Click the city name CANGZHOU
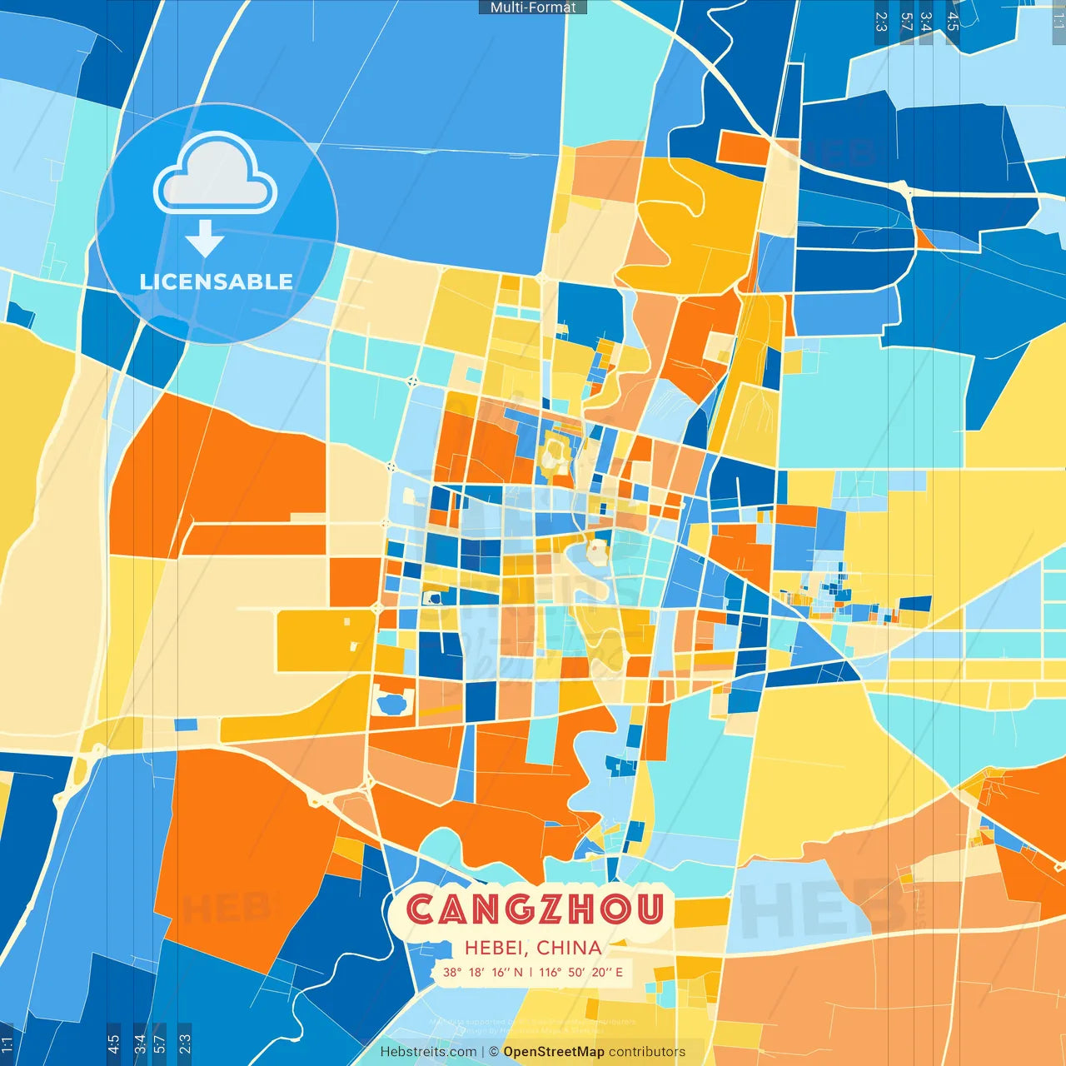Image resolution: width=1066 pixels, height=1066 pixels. pos(535,909)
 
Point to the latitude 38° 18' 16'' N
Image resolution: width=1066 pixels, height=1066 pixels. pos(483,972)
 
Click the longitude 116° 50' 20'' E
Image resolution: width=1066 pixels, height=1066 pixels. pos(580,972)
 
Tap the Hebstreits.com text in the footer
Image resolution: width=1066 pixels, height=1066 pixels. pos(428,1052)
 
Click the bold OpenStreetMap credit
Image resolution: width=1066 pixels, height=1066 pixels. pos(554,1052)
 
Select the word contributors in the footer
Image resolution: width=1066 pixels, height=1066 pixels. pos(647,1052)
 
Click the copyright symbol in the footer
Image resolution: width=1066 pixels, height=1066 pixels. pos(494,1052)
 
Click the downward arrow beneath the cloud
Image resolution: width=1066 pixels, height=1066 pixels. pos(205,238)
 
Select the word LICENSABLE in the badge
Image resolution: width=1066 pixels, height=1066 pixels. pos(217,281)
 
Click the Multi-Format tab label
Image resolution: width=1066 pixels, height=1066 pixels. pos(533,7)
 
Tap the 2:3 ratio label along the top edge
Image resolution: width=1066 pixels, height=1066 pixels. pos(881,22)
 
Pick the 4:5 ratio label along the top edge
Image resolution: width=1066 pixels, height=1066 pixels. pos(953,22)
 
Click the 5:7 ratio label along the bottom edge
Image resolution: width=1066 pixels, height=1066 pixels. pos(159,1042)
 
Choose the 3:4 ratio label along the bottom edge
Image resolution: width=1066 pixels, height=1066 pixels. pos(139,1042)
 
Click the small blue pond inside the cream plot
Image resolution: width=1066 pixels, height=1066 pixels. pos(391,704)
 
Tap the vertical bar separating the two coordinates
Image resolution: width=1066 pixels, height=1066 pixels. pos(531,972)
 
